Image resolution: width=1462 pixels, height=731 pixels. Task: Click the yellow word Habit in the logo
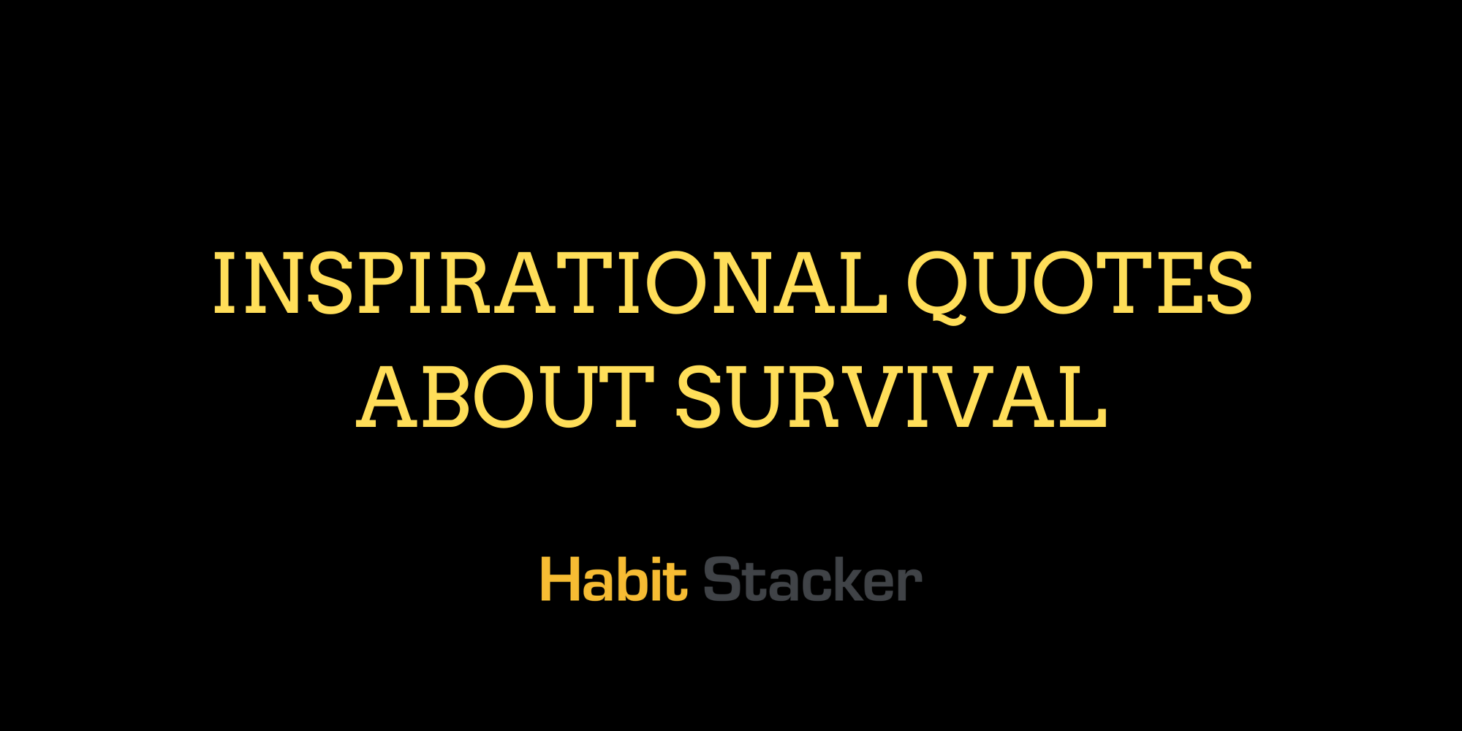[613, 580]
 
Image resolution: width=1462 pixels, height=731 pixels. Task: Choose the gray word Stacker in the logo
[812, 580]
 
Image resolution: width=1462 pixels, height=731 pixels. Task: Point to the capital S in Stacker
[723, 580]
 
